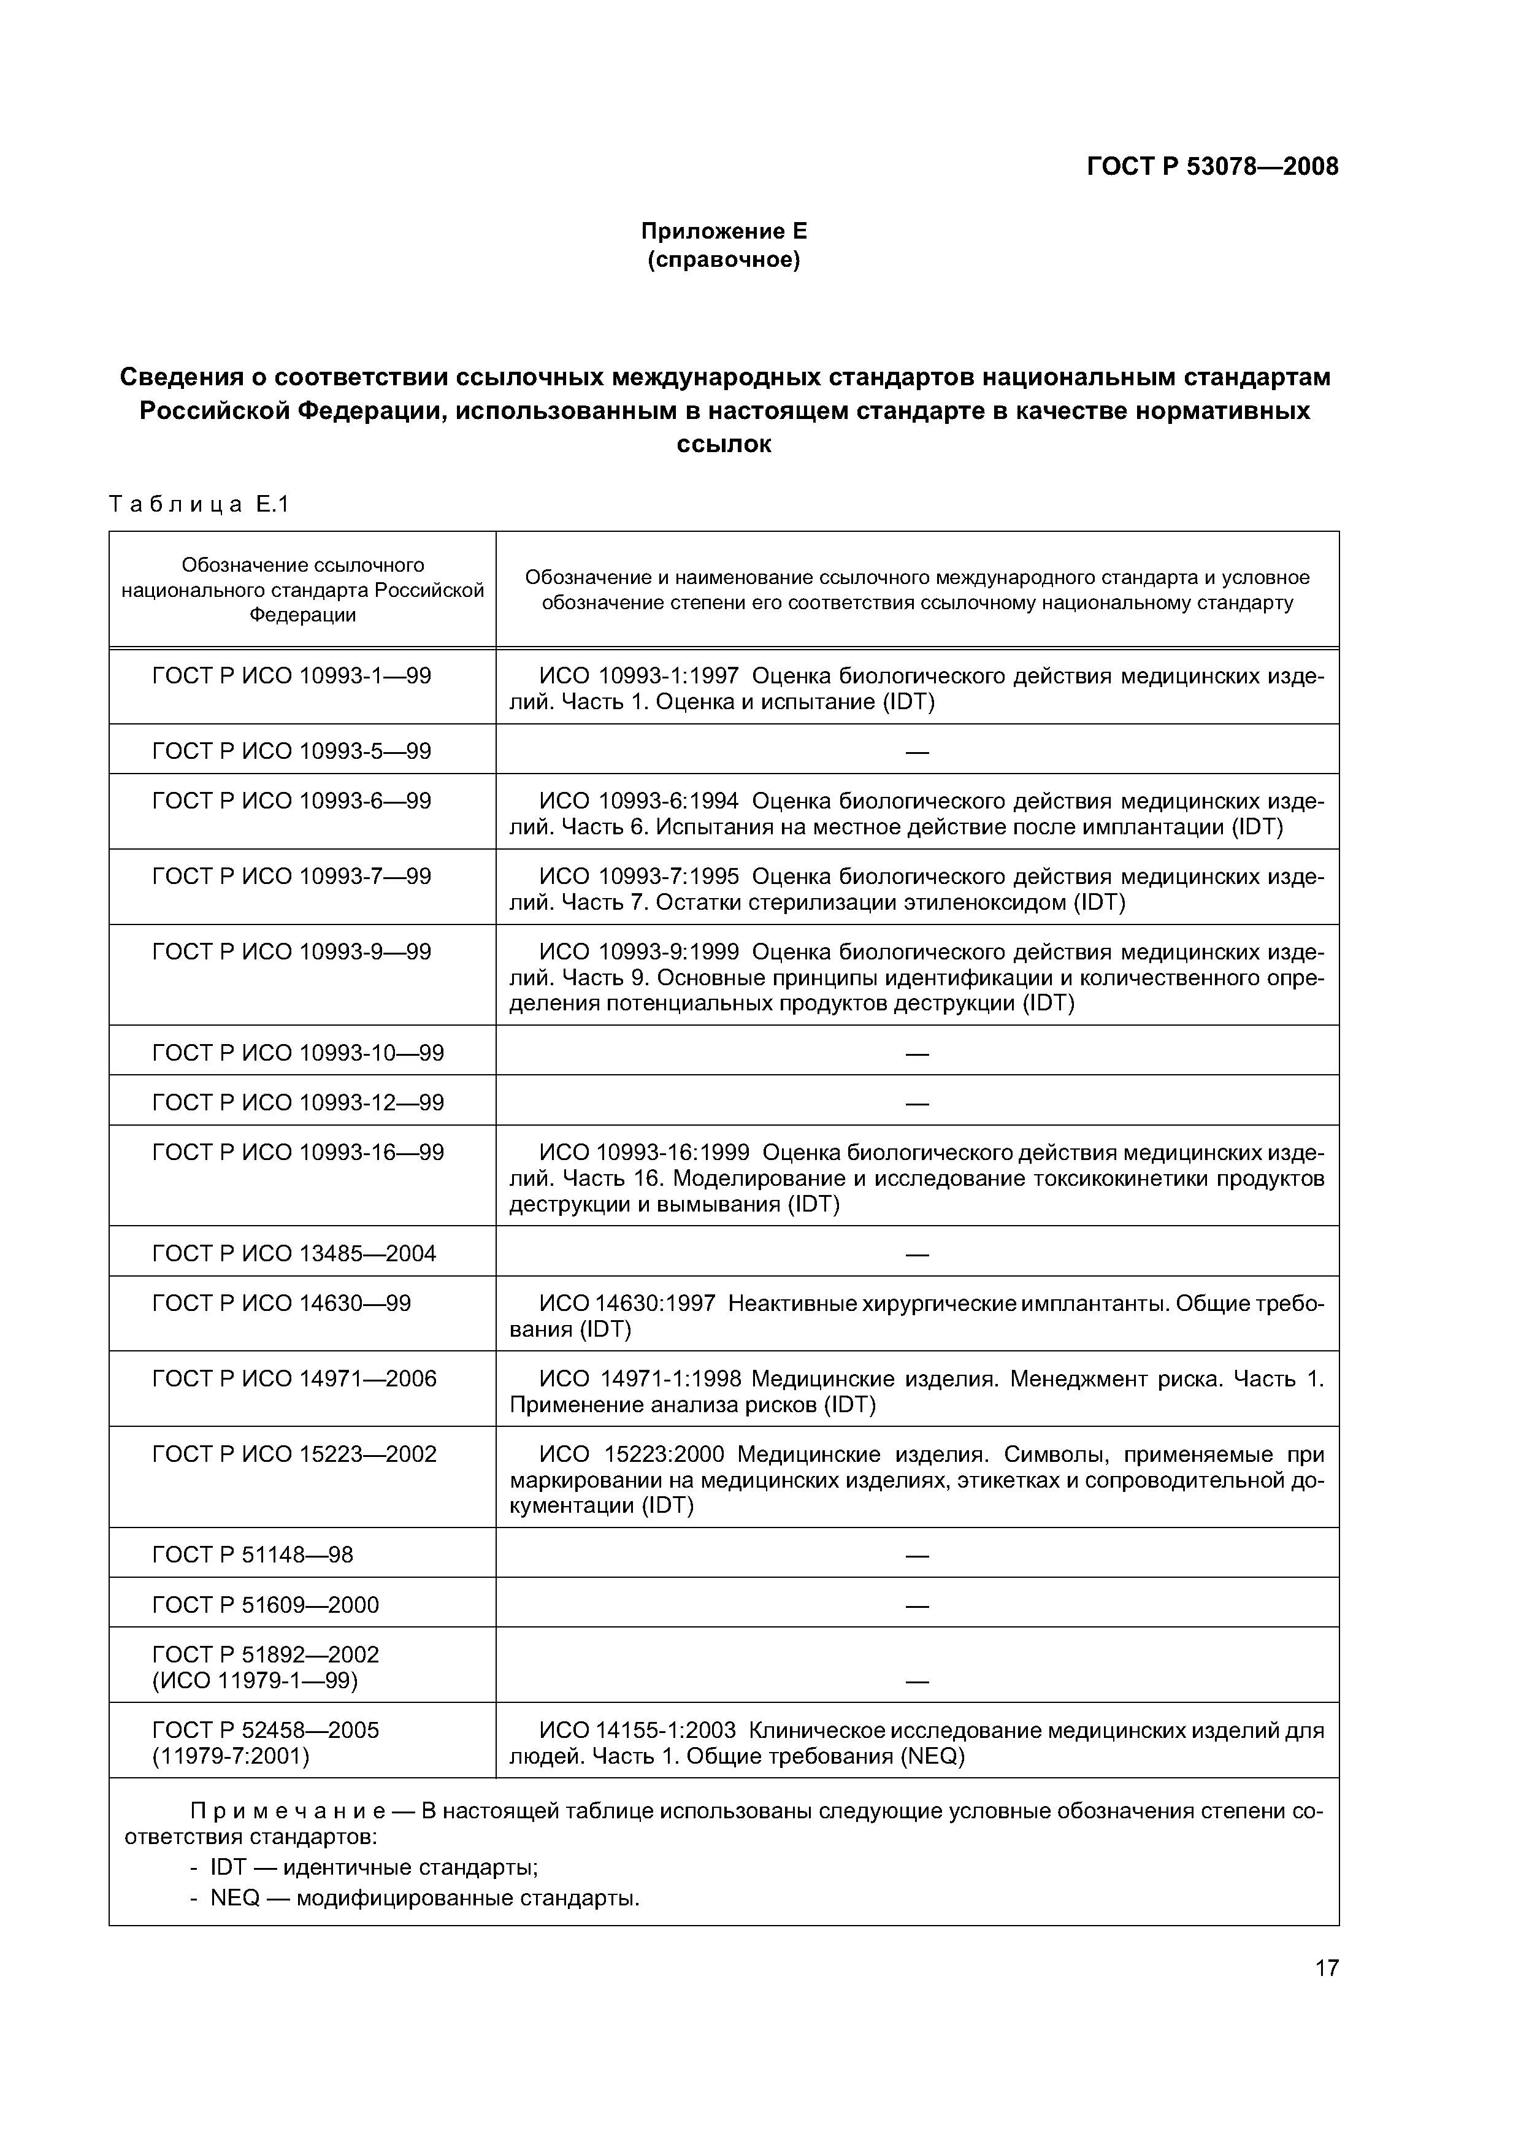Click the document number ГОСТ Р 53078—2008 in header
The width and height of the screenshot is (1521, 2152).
[1212, 167]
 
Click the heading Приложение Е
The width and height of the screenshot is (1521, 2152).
[724, 231]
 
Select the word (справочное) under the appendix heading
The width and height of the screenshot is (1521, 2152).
[724, 259]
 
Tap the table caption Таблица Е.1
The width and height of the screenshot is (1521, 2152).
[199, 504]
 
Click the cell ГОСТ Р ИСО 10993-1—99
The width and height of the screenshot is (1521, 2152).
[291, 676]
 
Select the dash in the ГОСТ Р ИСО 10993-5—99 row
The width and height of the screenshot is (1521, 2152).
[916, 751]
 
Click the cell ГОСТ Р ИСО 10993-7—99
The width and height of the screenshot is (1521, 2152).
[291, 877]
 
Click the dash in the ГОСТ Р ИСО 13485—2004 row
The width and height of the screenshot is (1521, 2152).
[916, 1254]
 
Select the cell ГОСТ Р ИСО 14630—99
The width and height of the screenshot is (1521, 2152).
[281, 1304]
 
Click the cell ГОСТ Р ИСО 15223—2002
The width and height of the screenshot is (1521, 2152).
[294, 1454]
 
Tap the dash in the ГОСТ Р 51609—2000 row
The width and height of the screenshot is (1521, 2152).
[916, 1605]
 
